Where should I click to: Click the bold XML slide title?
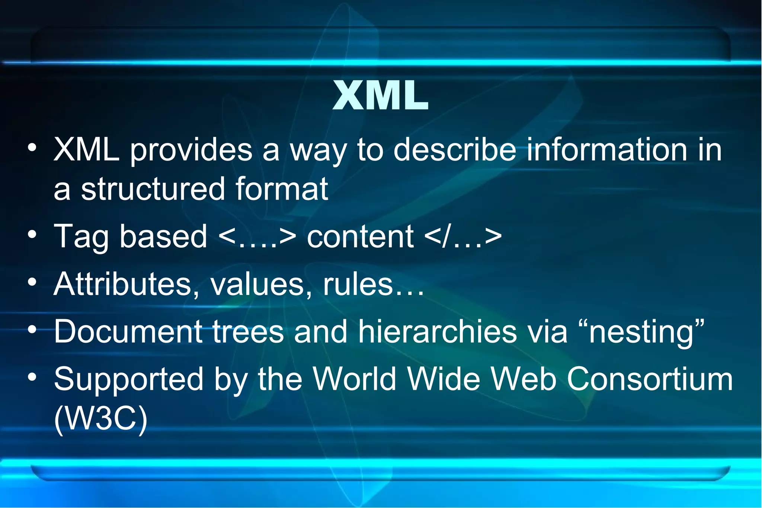click(380, 96)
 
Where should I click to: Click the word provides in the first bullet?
click(191, 150)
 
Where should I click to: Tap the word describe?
click(455, 150)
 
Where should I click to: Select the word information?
click(607, 150)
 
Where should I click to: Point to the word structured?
click(153, 188)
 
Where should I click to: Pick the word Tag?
click(81, 237)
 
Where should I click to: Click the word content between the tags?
click(360, 236)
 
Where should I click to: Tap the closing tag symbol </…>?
click(462, 236)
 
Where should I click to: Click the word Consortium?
click(650, 379)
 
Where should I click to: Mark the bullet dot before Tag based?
click(32, 235)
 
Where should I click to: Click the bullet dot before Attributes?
click(32, 282)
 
